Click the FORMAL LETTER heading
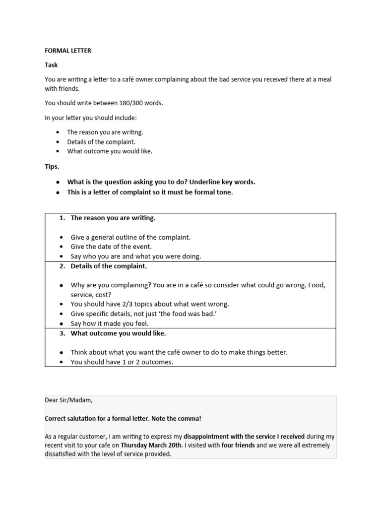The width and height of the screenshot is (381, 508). pos(68,51)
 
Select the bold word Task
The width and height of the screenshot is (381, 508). pos(51,65)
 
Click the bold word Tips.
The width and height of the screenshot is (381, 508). pos(52,166)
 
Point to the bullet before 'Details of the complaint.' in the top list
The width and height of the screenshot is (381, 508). pos(58,142)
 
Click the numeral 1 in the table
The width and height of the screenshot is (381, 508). pos(62,218)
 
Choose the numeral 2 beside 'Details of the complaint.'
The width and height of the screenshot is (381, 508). pos(62,266)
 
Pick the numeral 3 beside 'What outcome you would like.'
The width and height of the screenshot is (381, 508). pos(62,333)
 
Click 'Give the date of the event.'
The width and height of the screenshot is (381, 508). pos(111,247)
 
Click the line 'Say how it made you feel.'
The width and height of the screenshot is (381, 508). pos(110,323)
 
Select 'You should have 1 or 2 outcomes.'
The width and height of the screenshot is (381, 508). pos(122,362)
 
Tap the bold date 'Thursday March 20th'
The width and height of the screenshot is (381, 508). pos(151,445)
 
